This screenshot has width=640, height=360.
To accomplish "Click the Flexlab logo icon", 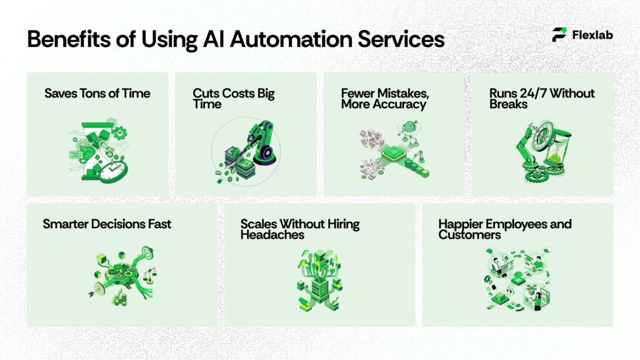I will click(559, 35).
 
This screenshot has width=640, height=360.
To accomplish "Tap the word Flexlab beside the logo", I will click(592, 35).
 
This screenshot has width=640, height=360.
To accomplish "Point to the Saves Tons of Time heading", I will click(97, 94).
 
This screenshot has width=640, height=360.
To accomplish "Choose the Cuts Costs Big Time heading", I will click(233, 99).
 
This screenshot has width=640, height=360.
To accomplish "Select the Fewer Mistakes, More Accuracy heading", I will click(384, 99).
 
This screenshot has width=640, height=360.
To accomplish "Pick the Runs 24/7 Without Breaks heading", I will click(542, 99).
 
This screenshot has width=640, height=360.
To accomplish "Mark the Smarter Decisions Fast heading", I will click(107, 224).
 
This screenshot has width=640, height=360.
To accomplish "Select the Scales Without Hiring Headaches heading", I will click(300, 229).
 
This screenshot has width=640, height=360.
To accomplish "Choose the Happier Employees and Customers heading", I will click(505, 229).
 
